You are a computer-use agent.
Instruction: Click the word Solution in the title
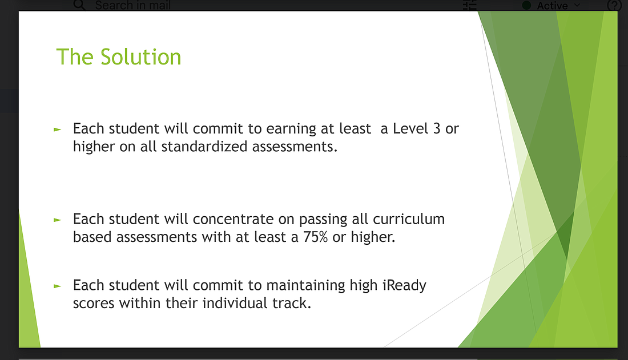(x=140, y=57)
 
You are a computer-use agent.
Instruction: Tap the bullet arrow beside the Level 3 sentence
(x=57, y=130)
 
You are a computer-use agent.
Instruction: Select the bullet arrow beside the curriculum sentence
(x=57, y=220)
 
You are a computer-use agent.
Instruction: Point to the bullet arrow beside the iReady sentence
(x=57, y=286)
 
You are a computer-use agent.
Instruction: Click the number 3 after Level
(x=437, y=128)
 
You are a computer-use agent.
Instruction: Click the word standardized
(x=204, y=147)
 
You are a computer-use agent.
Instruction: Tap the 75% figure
(x=315, y=237)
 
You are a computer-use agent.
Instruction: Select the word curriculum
(x=409, y=219)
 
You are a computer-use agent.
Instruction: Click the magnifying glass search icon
(x=79, y=5)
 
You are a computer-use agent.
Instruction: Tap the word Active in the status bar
(x=552, y=6)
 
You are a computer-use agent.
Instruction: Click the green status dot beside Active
(x=527, y=5)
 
